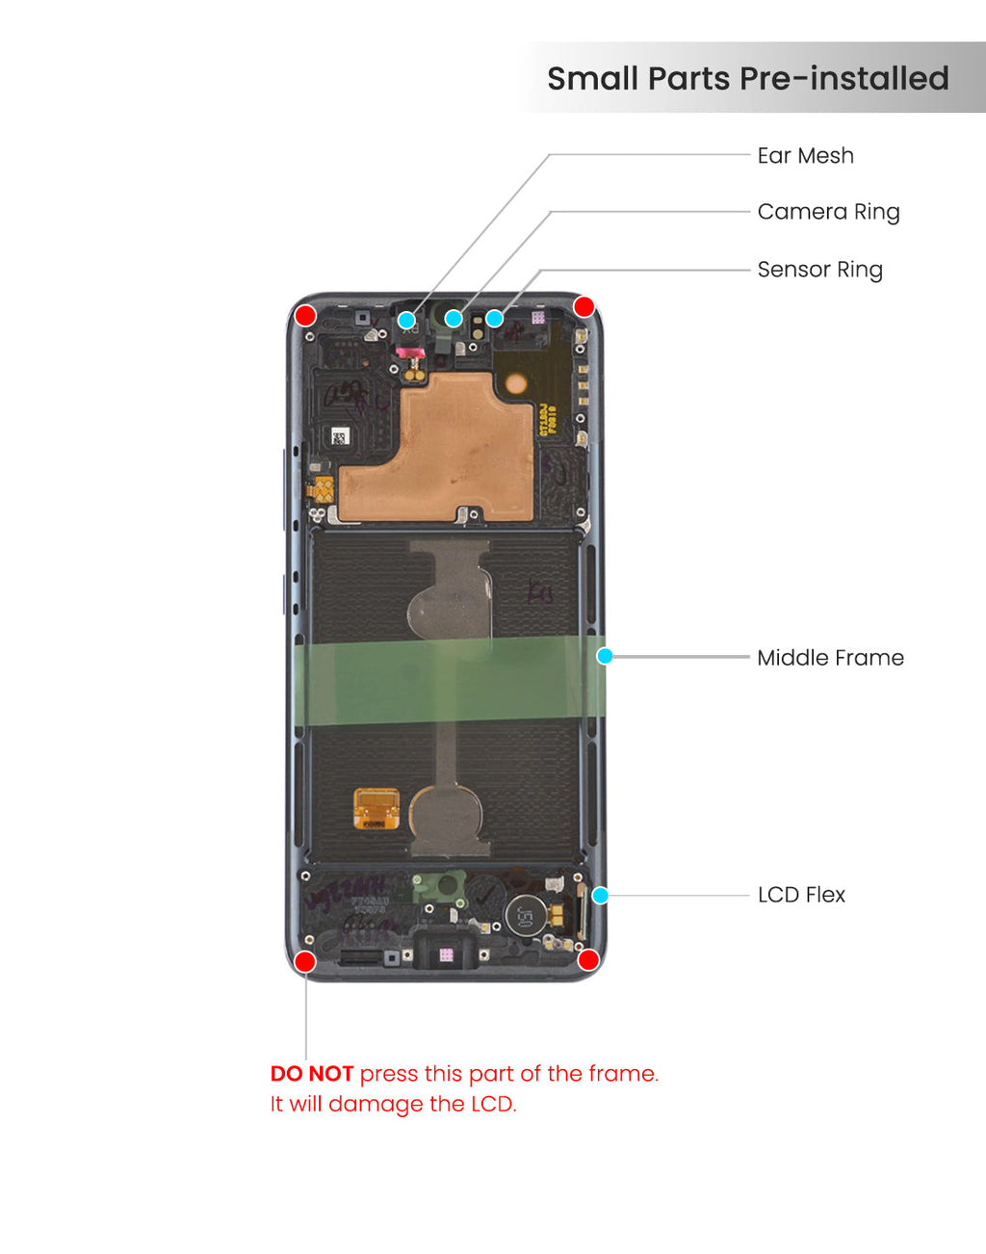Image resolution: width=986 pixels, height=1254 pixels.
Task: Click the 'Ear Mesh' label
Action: coord(805,156)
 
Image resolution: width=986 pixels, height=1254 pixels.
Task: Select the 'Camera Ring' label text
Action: coord(828,212)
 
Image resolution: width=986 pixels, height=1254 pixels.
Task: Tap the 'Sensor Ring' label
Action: coord(819,270)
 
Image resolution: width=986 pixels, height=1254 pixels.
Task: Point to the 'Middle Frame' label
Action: coord(830,658)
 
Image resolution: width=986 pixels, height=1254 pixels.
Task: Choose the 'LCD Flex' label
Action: coord(801,895)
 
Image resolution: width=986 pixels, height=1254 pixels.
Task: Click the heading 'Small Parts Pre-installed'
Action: coord(747,78)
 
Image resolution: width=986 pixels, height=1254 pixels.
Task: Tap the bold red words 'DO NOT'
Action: coord(311,1074)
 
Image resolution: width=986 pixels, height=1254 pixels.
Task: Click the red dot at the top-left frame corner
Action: coord(305,316)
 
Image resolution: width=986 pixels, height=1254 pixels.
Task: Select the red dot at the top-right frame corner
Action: coord(584,306)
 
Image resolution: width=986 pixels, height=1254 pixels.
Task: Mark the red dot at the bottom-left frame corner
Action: coord(304,961)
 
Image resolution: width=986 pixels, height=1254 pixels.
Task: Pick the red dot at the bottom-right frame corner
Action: coord(588,959)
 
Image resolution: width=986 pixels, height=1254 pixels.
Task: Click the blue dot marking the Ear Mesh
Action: coord(406,320)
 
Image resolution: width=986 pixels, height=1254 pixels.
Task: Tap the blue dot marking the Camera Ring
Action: coord(454,318)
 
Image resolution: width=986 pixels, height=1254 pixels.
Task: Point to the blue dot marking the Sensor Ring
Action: coord(494,318)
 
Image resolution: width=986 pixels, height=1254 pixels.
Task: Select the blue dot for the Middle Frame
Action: coord(605,656)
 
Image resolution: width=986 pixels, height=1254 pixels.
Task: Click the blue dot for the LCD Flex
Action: coord(600,896)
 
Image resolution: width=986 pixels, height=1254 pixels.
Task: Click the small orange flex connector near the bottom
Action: coord(376,808)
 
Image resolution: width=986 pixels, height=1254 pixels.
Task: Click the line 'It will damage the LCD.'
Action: coord(393,1104)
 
